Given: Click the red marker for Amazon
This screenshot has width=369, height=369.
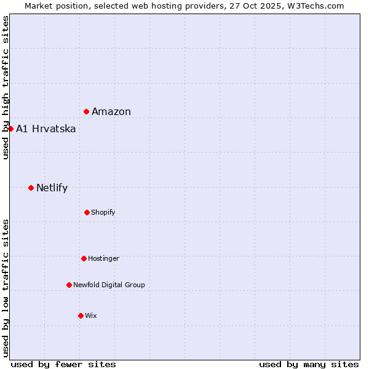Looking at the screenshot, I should click(x=87, y=111).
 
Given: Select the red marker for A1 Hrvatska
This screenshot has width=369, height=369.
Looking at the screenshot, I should click(x=10, y=129).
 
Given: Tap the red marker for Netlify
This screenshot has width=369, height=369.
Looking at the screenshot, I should click(x=31, y=188).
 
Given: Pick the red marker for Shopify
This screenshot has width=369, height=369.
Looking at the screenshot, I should click(x=87, y=212).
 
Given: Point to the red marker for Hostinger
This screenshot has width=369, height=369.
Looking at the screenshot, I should click(x=84, y=258).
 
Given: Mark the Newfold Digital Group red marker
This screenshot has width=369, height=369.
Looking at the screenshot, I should click(x=69, y=285).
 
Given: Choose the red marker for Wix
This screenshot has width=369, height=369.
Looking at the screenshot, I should click(x=81, y=315).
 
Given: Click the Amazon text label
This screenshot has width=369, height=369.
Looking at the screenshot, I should click(x=111, y=111).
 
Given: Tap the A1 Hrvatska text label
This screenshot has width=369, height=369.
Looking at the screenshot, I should click(x=46, y=129).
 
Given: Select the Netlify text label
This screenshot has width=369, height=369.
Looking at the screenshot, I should click(x=52, y=188).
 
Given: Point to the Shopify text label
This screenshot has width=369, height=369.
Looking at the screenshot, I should click(x=103, y=212).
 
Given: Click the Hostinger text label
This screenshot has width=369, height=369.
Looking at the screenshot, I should click(x=103, y=258).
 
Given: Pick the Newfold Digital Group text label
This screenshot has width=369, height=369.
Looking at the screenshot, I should click(x=109, y=285).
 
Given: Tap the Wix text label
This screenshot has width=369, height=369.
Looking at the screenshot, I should click(x=91, y=315).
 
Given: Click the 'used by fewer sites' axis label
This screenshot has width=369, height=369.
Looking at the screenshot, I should click(x=63, y=364).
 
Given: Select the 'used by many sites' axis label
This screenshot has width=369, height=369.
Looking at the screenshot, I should click(x=309, y=364).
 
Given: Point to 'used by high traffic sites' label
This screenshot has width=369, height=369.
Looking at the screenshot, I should click(x=6, y=88).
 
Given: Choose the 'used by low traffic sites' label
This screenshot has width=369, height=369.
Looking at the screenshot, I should click(x=6, y=288).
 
